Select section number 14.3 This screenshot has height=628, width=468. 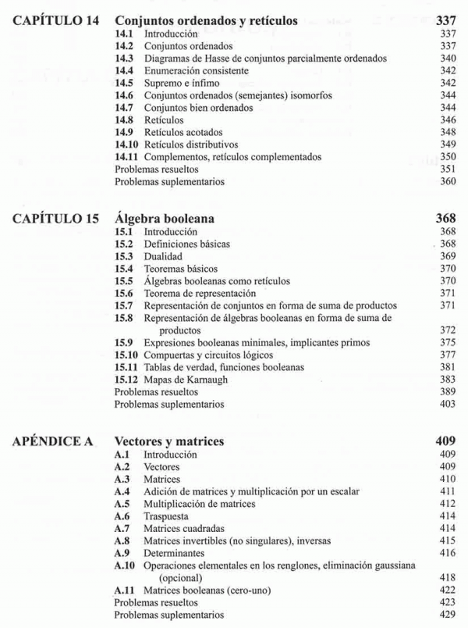click(124, 59)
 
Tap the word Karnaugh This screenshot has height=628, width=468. click(204, 379)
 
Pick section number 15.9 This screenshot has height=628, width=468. click(124, 341)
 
